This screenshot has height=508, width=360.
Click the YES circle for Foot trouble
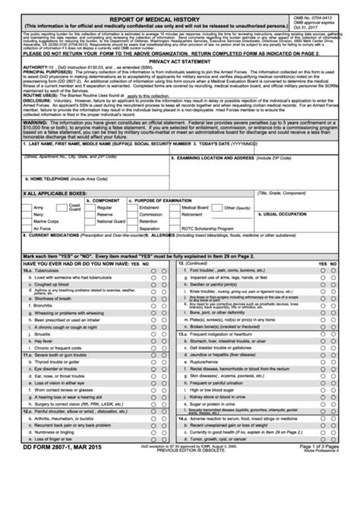323,270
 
